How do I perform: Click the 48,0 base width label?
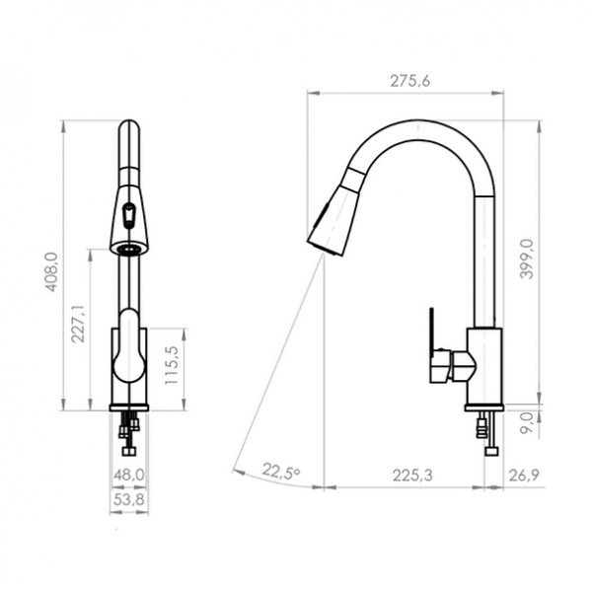pos(129,475)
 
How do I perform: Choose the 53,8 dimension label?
pos(129,499)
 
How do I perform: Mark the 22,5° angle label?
pos(280,473)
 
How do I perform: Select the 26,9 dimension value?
pos(524,475)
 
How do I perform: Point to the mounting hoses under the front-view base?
pos(127,434)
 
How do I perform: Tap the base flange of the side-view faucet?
pos(483,407)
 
